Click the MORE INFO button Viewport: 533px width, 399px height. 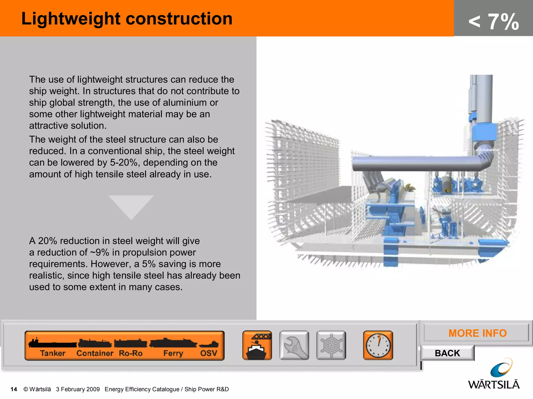point(477,333)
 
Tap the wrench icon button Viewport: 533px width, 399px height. point(294,345)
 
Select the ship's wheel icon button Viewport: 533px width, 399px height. point(331,345)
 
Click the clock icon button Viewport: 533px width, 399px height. point(378,345)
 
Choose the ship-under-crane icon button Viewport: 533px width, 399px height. point(257,345)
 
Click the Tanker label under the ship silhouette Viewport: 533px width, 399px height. point(53,353)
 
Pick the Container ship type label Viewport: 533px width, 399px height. point(95,353)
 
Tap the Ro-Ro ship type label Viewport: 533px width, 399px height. point(131,353)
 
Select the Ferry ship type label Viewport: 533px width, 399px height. point(173,353)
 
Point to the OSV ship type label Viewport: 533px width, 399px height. point(208,353)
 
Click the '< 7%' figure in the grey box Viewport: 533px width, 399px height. point(493,22)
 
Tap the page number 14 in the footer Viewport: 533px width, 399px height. point(14,389)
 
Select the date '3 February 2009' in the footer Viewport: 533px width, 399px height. point(78,389)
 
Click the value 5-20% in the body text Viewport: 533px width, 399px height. point(124,163)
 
